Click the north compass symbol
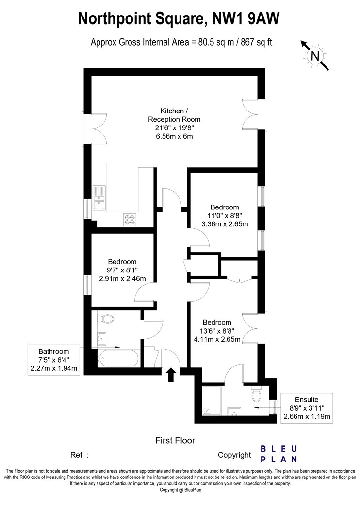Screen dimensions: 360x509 coord(315,56)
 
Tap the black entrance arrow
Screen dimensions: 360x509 coord(171,375)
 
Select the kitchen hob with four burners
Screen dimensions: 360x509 coord(131,219)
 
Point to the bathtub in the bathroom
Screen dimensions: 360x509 coord(118,358)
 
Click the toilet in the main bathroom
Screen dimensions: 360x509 coord(106,319)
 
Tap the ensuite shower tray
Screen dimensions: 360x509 coord(211,400)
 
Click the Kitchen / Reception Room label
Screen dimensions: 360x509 coord(174,115)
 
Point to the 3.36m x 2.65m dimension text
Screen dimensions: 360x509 coord(225,224)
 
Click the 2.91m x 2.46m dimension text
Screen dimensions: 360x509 coord(122,278)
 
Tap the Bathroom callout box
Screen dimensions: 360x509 coord(54,360)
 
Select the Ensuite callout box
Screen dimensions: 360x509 coord(307,408)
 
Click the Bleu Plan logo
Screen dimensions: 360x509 coord(279,454)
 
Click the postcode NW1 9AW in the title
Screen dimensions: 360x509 coord(245,18)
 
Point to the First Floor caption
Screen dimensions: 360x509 coord(175,440)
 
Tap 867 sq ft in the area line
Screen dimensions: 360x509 coord(256,43)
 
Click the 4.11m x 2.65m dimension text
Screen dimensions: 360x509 coord(217,339)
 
